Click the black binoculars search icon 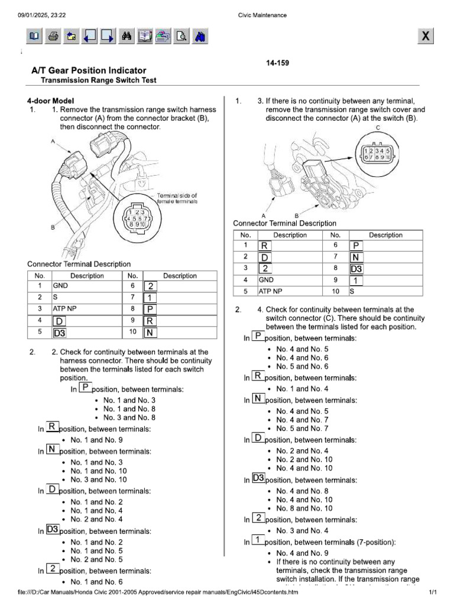pyautogui.click(x=126, y=37)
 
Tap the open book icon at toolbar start pyautogui.click(x=34, y=37)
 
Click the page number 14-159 pyautogui.click(x=277, y=63)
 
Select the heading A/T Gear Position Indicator pyautogui.click(x=89, y=70)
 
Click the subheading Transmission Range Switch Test pyautogui.click(x=98, y=80)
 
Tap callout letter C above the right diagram pyautogui.click(x=378, y=128)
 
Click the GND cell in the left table pyautogui.click(x=60, y=285)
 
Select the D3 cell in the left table pyautogui.click(x=60, y=333)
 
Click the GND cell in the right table pyautogui.click(x=265, y=279)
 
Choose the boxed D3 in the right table pyautogui.click(x=356, y=269)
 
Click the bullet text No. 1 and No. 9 pyautogui.click(x=96, y=440)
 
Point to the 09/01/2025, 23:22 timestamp pyautogui.click(x=41, y=15)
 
